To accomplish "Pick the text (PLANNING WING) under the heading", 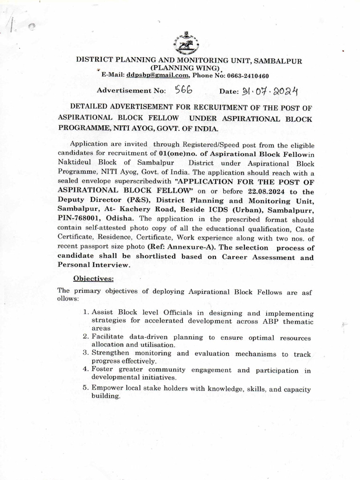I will (x=180, y=68).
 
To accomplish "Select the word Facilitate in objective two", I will (x=110, y=337).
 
